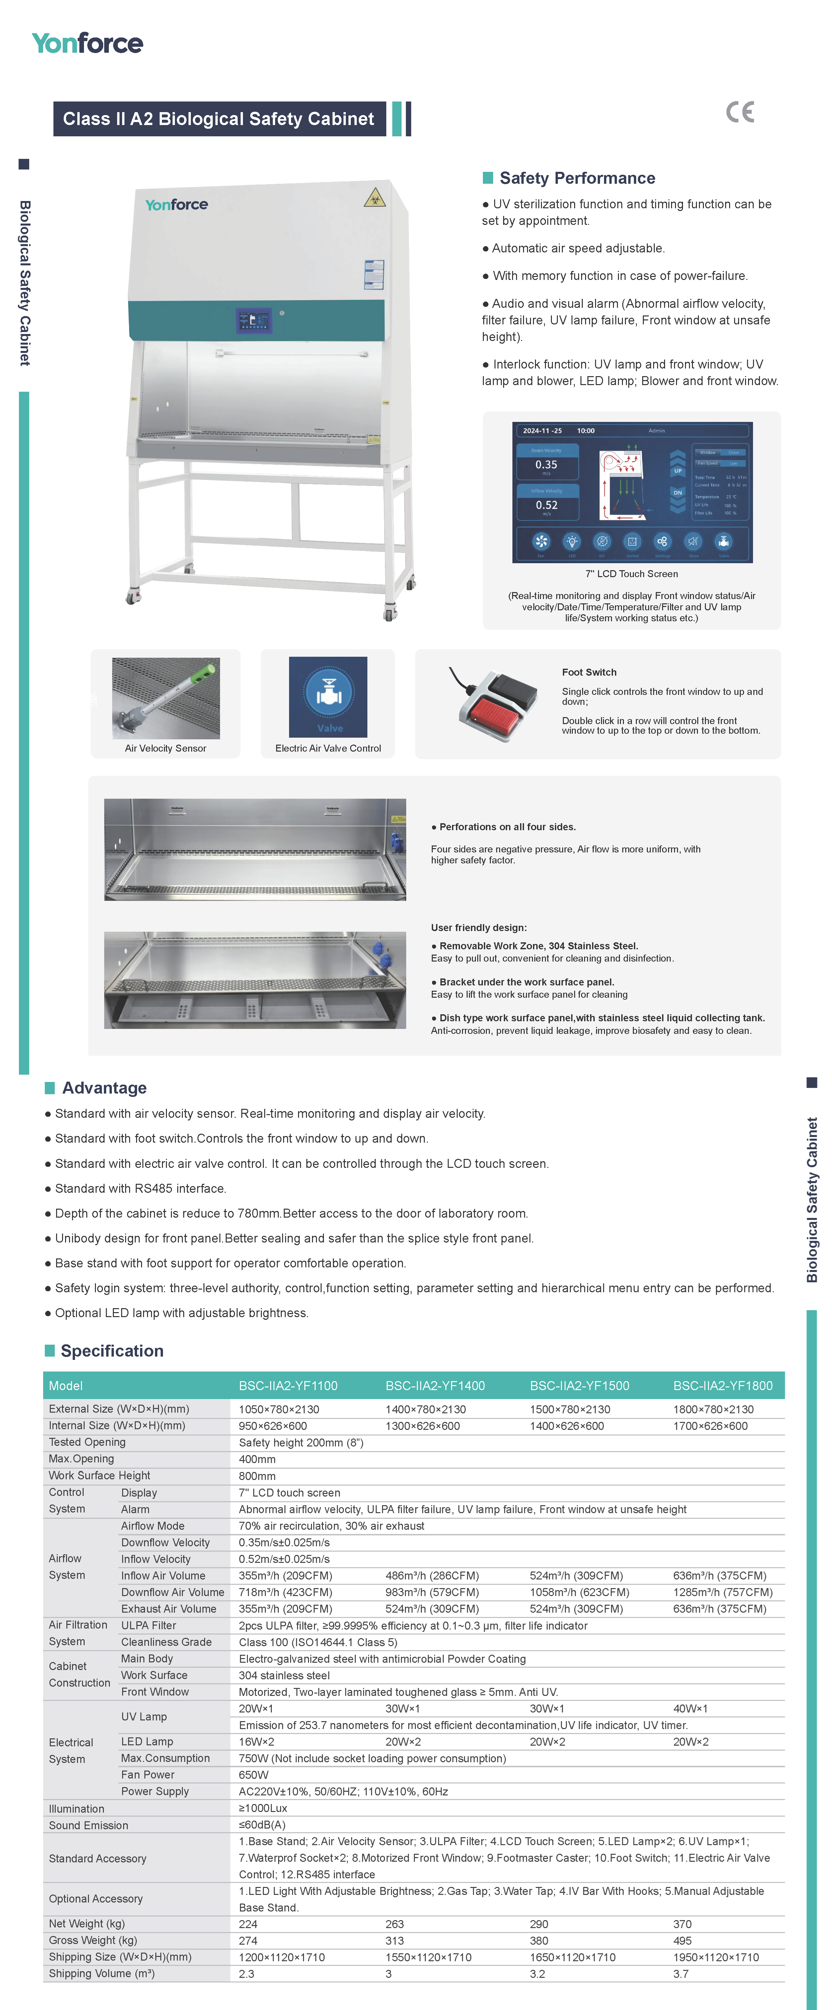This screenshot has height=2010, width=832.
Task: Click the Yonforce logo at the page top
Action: [87, 44]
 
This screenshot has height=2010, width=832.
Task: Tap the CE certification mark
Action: [740, 112]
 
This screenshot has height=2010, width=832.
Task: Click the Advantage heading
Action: [104, 1088]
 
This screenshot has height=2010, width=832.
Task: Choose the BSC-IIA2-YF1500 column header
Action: [579, 1386]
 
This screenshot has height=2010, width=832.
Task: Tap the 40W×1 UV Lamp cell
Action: [691, 1709]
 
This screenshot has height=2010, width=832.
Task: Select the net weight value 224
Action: [248, 1924]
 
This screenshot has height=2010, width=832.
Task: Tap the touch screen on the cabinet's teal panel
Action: [253, 321]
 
